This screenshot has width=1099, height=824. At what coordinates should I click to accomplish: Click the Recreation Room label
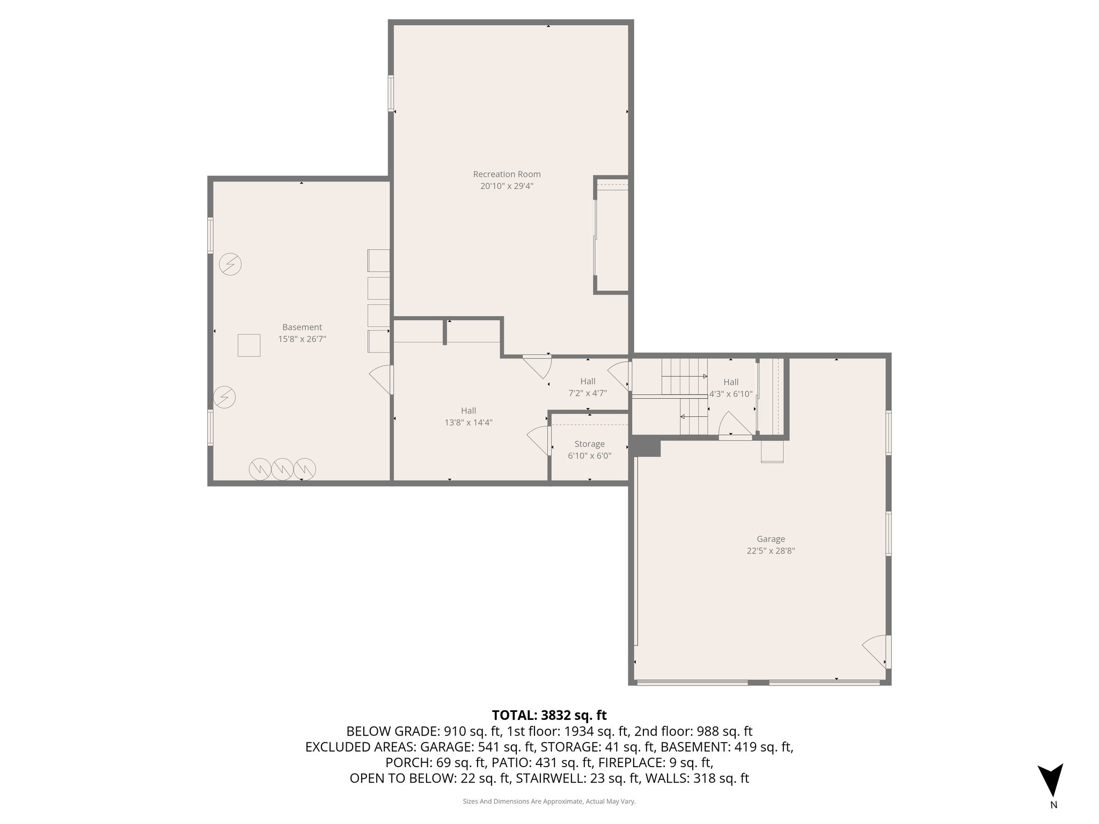507,174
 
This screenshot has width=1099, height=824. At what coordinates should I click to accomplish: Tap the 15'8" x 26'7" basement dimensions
302,339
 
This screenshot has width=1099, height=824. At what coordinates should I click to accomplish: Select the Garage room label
771,539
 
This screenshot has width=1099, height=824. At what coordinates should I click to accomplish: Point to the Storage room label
589,444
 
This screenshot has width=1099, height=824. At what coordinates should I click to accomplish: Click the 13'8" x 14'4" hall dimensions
468,423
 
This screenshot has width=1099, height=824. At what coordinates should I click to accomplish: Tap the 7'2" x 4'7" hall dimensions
588,393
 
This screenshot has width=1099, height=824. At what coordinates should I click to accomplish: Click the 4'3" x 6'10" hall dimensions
731,394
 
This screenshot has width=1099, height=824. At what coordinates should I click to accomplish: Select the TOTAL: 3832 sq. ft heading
549,715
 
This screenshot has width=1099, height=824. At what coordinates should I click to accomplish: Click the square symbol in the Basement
249,345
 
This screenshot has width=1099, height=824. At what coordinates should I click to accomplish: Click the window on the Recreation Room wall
391,93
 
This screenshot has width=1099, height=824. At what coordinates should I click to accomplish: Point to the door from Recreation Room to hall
538,366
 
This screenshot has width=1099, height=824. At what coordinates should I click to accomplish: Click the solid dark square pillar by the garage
646,446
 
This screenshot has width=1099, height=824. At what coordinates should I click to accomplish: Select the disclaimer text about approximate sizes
549,801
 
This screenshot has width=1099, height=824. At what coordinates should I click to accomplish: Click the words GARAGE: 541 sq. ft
477,747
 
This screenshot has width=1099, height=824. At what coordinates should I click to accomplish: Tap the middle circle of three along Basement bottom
282,469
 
